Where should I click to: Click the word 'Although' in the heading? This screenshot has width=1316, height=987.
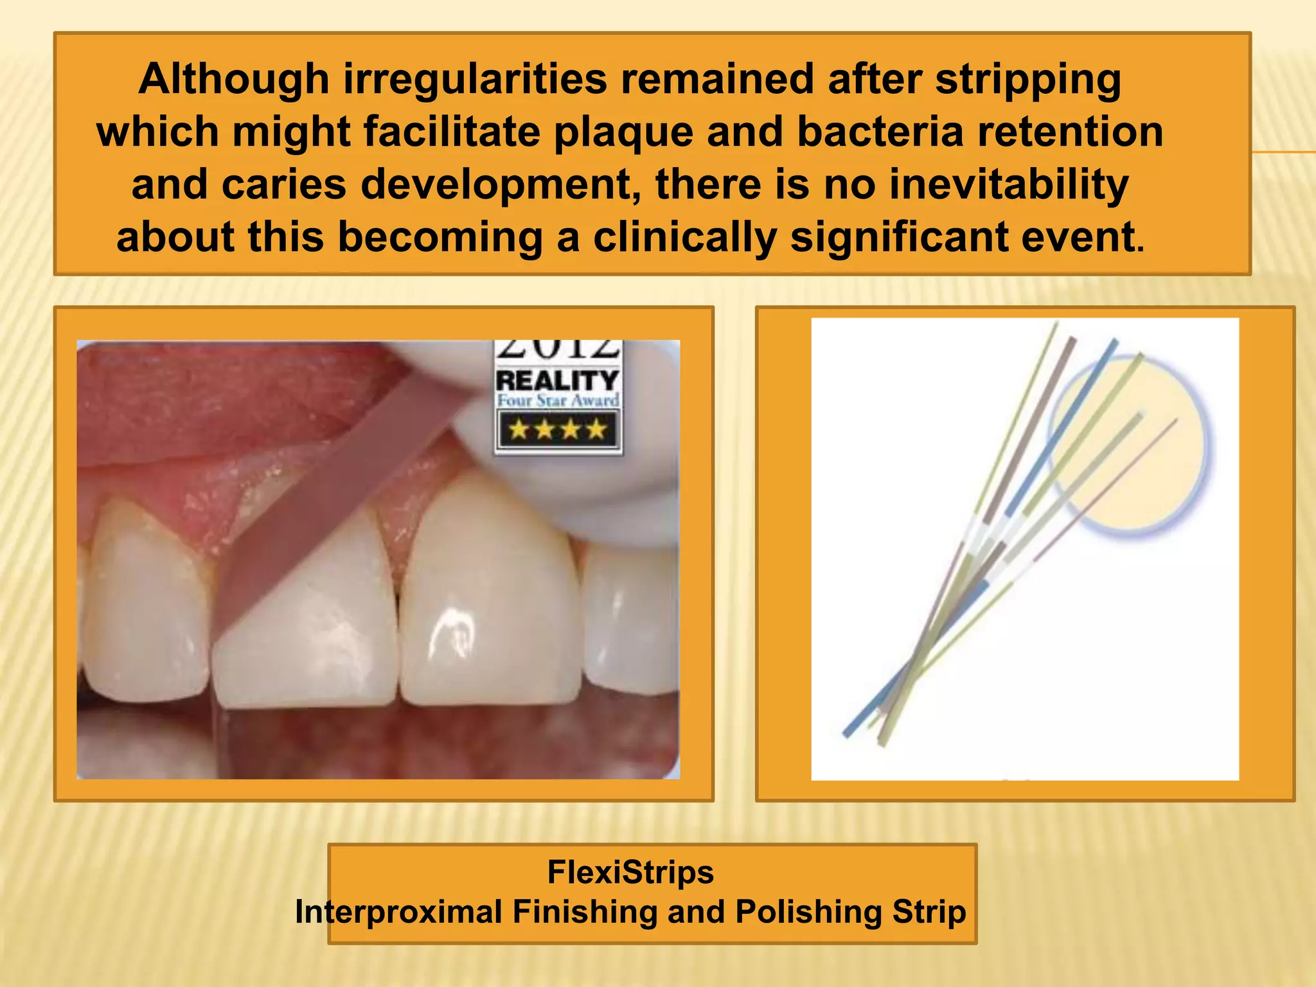point(234,80)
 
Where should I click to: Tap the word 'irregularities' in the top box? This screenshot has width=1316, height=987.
point(475,80)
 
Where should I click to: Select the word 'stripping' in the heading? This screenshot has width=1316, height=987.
point(1027,80)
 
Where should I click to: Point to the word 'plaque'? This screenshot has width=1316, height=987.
point(623,132)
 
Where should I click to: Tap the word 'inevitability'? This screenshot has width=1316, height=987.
point(1009,185)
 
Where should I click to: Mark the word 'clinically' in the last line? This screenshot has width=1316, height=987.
point(685,238)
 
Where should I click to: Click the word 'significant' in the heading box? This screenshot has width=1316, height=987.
point(899,238)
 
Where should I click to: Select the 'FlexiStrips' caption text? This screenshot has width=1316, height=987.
point(630,873)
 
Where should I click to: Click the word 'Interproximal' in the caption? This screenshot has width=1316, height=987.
point(398,912)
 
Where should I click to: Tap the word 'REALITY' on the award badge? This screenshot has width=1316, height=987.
point(557,380)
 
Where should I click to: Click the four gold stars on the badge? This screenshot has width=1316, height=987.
point(557,429)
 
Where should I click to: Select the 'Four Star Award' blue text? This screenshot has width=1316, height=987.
point(557,401)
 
